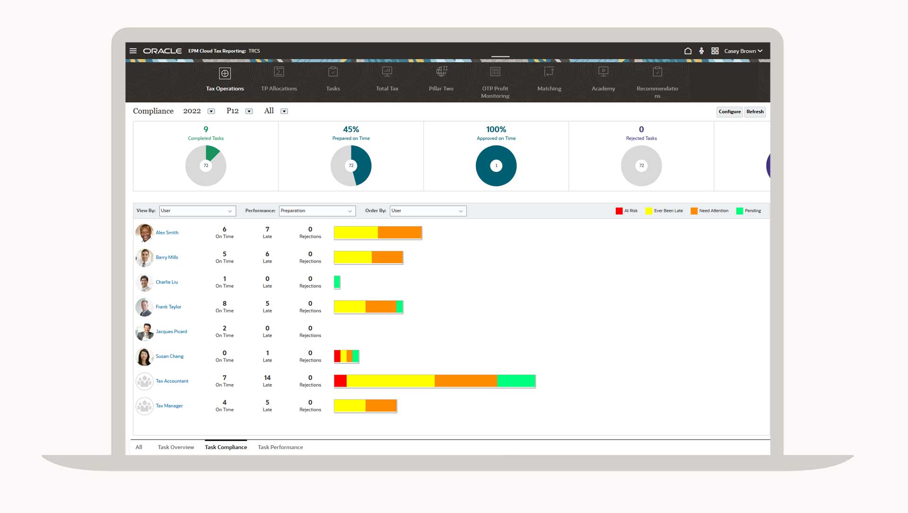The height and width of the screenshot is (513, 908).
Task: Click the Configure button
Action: (x=729, y=112)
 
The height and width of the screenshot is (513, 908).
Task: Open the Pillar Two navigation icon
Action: (x=441, y=72)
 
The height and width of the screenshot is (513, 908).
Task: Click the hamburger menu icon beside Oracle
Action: (x=133, y=51)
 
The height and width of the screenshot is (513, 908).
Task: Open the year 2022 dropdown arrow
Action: (x=211, y=112)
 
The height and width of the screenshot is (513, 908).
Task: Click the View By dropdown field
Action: (x=197, y=211)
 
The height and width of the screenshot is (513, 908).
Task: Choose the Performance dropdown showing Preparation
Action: (x=317, y=211)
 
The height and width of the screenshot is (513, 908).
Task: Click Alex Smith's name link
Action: (x=167, y=232)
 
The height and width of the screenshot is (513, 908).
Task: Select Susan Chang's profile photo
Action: (x=144, y=356)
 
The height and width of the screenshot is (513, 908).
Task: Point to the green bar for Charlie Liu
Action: (x=337, y=282)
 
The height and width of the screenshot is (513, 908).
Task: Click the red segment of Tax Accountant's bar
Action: (x=340, y=381)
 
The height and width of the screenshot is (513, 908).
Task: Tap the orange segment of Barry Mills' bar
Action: (x=387, y=257)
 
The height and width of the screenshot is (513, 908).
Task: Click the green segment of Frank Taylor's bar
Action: (x=400, y=307)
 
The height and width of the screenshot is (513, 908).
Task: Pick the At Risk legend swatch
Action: (x=619, y=211)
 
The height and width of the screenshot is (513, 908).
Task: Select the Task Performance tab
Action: (x=280, y=447)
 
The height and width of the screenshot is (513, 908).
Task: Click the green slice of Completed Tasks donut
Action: (x=212, y=153)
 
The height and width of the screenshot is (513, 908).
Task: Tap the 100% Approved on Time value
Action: (x=496, y=129)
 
